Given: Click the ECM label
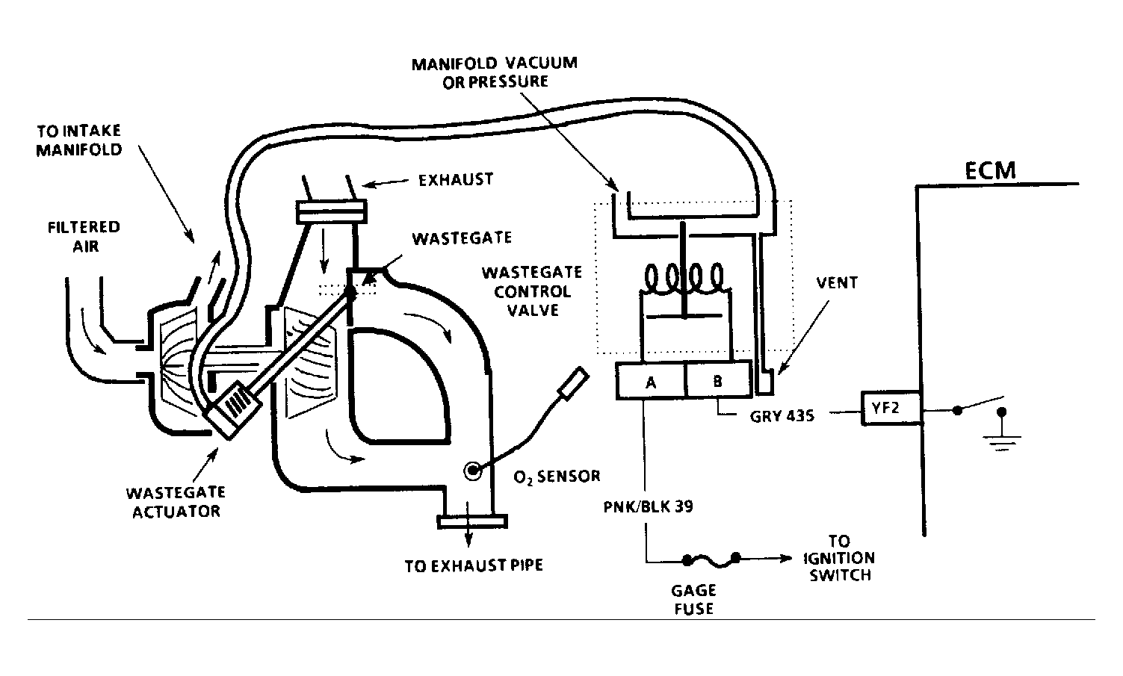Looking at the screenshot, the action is pos(990,171).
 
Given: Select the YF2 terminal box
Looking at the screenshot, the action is pos(891,409).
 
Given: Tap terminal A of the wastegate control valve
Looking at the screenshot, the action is pos(651,381).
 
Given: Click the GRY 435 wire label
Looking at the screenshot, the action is pos(782,416).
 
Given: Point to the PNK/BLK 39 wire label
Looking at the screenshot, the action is pos(649,506).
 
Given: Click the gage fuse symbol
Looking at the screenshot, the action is pos(712,559).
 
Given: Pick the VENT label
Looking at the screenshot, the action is pos(837,282).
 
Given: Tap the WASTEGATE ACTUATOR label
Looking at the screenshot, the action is pos(176,502).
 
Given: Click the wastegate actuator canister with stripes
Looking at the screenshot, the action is pos(232,409).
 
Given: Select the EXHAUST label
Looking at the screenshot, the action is pos(456,179).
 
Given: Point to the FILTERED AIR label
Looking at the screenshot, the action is pos(84,237).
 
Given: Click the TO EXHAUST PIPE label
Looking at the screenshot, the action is pos(474,565).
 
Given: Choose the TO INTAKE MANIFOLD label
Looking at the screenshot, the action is pos(79,140).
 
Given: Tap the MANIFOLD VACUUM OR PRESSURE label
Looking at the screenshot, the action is pos(495,72).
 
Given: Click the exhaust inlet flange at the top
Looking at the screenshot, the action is pos(332,211).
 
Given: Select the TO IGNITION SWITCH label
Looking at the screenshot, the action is pos(839,558).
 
